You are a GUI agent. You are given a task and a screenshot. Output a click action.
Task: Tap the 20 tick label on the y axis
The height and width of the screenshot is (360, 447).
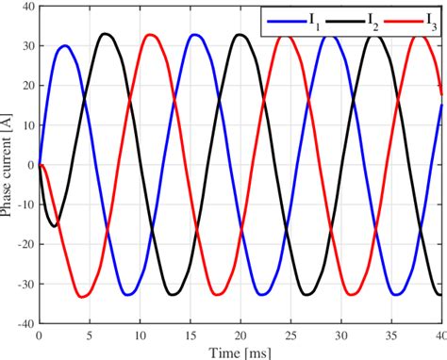point(25,85)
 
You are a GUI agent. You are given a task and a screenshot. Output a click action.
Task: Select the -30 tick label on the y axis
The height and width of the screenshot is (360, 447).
point(23,283)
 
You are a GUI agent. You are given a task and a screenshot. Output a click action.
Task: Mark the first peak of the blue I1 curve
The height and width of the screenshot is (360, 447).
point(65,45)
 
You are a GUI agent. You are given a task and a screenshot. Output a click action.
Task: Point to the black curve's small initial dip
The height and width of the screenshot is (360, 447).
point(54,224)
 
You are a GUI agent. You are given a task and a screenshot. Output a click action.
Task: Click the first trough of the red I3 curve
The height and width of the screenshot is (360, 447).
point(83,297)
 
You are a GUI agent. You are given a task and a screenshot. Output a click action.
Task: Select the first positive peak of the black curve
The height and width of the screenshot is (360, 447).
point(106,34)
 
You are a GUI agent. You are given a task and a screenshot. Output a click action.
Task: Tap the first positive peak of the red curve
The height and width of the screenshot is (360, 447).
point(149,35)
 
